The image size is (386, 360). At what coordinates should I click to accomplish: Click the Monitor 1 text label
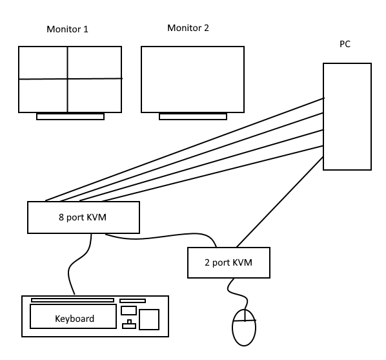point(67,29)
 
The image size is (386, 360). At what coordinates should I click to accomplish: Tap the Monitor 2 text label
point(188,28)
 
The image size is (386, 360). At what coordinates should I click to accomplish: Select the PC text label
point(345,44)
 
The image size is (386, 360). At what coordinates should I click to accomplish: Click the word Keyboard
point(74,319)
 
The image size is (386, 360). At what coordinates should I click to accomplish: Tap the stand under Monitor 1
point(70,116)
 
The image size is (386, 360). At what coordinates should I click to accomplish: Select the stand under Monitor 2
point(193,116)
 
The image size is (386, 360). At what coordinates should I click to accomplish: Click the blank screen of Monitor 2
point(192,79)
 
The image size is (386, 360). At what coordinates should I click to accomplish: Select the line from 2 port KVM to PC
point(279,202)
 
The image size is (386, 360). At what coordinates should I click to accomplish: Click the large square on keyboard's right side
point(149,319)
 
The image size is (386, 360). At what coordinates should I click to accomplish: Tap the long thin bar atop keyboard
point(72,300)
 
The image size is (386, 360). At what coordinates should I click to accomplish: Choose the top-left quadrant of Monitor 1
point(43,63)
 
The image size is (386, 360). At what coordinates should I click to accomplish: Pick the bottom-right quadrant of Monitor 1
point(94,96)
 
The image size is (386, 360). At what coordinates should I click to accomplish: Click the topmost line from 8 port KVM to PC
point(185,149)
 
